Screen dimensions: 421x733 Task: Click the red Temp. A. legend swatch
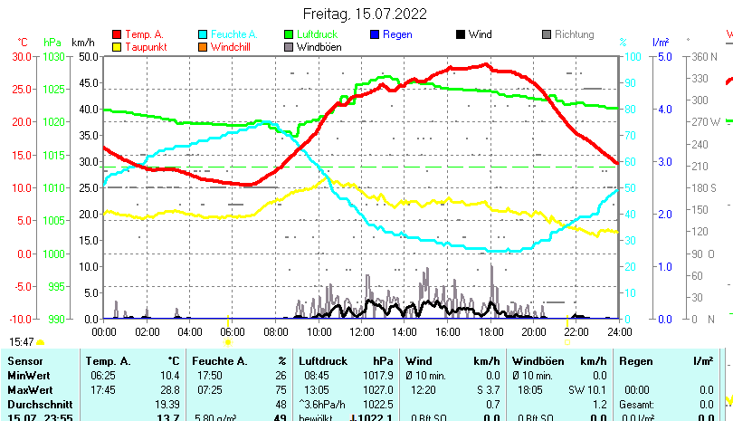point(117,35)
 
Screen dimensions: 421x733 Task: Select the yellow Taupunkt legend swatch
point(117,47)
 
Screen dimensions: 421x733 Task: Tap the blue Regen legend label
point(397,34)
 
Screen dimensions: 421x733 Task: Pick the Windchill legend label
point(233,47)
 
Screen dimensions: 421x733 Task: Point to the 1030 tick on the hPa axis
point(53,56)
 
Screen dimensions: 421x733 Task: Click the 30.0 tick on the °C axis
point(22,56)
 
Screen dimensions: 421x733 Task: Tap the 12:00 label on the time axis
point(361,331)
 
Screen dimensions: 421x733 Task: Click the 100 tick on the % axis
point(627,56)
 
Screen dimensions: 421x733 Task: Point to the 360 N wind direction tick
point(704,56)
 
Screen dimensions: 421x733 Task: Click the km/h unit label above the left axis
point(82,43)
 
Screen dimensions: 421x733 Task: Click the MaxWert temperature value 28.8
point(168,389)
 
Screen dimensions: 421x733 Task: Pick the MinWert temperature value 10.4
point(168,375)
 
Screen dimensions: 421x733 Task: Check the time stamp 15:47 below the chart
point(22,341)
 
